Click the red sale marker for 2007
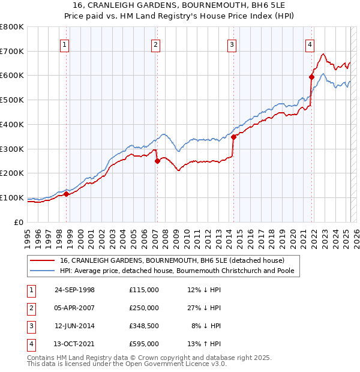[x=157, y=160]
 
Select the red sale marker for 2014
[x=233, y=136]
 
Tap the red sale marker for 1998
[x=67, y=193]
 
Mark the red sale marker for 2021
[x=311, y=76]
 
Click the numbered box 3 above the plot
[x=232, y=44]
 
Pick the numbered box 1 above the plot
[x=64, y=44]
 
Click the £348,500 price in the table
[x=144, y=326]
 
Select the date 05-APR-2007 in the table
[x=74, y=308]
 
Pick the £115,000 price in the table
[x=144, y=290]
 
